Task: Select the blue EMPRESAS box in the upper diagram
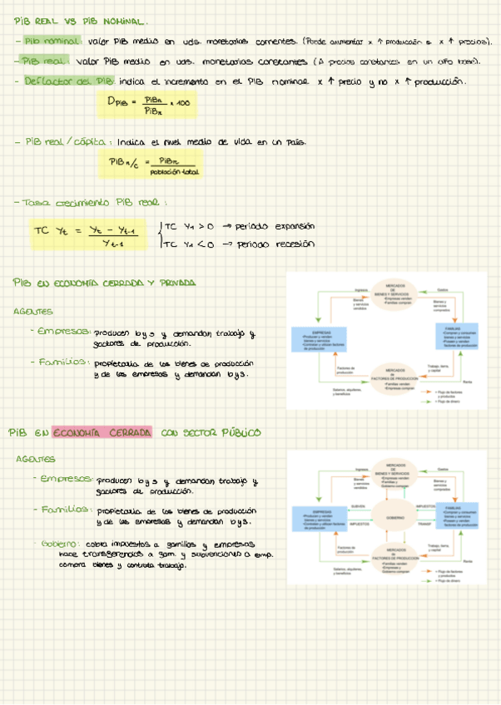pos(311,339)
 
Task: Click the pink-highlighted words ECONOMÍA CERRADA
pos(102,432)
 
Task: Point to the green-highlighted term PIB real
pos(42,61)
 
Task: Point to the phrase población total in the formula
pos(174,172)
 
